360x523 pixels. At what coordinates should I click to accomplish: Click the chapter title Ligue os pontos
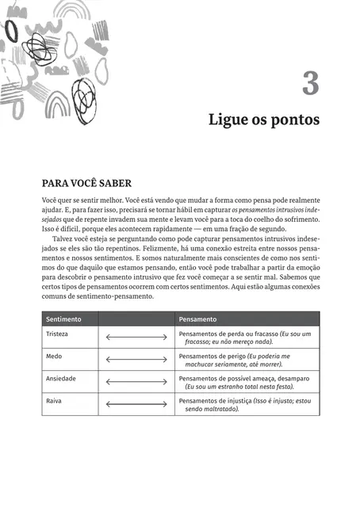pyautogui.click(x=263, y=120)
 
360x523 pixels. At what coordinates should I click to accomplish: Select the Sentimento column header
pyautogui.click(x=64, y=319)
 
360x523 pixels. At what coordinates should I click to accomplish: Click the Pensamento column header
pyautogui.click(x=198, y=319)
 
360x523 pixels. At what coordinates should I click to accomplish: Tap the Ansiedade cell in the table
pyautogui.click(x=63, y=379)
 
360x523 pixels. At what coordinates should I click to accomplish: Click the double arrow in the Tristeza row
pyautogui.click(x=136, y=338)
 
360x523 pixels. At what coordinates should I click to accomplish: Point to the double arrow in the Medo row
pyautogui.click(x=136, y=361)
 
